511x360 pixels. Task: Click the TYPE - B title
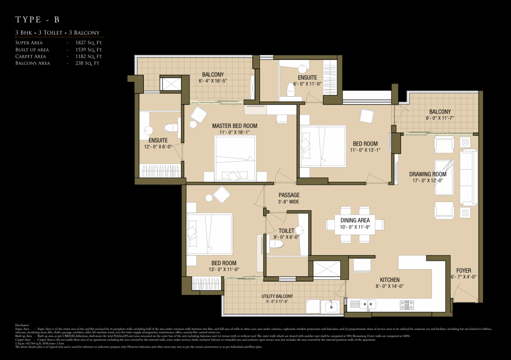pyautogui.click(x=37, y=19)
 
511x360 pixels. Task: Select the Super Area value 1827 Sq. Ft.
pyautogui.click(x=89, y=42)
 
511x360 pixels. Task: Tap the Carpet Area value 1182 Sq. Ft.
pyautogui.click(x=89, y=56)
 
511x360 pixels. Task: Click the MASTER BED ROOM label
pyautogui.click(x=235, y=126)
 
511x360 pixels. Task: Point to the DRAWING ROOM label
pyautogui.click(x=428, y=174)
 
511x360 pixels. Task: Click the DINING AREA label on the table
pyautogui.click(x=355, y=220)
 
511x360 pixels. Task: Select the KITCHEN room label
pyautogui.click(x=390, y=280)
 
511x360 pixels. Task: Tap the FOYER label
pyautogui.click(x=463, y=271)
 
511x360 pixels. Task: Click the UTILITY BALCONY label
pyautogui.click(x=277, y=296)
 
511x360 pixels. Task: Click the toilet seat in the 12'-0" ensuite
pyautogui.click(x=170, y=128)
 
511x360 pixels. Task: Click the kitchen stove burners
pyautogui.click(x=406, y=304)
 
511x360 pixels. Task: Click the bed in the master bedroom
pyautogui.click(x=235, y=159)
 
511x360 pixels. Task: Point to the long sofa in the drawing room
pyautogui.click(x=468, y=171)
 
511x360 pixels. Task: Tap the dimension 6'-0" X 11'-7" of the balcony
pyautogui.click(x=440, y=118)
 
